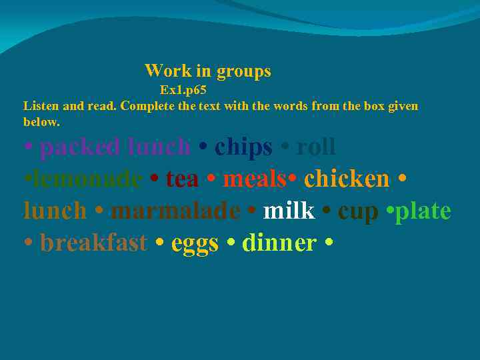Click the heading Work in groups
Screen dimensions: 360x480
pyautogui.click(x=207, y=71)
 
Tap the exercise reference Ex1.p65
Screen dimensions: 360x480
pyautogui.click(x=183, y=90)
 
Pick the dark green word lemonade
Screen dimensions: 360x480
pyautogui.click(x=86, y=179)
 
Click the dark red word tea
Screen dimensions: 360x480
pyautogui.click(x=182, y=179)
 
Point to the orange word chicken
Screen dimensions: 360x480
pyautogui.click(x=346, y=179)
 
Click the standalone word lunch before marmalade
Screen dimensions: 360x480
pyautogui.click(x=55, y=211)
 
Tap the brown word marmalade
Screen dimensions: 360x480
pyautogui.click(x=175, y=211)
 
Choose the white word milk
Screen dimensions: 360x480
pyautogui.click(x=289, y=211)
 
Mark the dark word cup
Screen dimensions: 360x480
pyautogui.click(x=358, y=211)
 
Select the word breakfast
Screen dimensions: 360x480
pyautogui.click(x=93, y=243)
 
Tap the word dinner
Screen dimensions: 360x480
pyautogui.click(x=279, y=243)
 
